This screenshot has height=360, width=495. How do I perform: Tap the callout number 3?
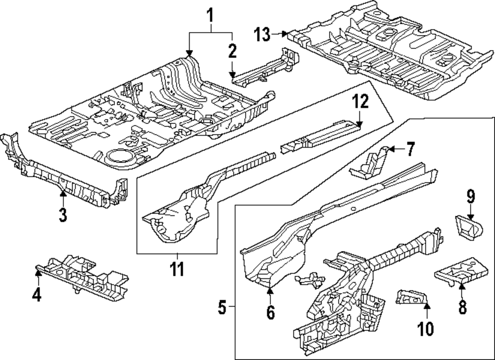click(x=62, y=215)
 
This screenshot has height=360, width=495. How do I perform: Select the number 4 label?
click(x=36, y=295)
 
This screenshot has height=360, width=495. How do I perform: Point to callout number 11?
click(x=177, y=270)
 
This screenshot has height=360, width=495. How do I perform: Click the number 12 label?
click(x=360, y=103)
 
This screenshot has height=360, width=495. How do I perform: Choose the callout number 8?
click(x=462, y=307)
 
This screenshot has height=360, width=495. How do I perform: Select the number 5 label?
click(x=222, y=309)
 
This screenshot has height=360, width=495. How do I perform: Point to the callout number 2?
click(x=232, y=51)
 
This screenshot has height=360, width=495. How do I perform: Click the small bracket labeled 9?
click(x=468, y=227)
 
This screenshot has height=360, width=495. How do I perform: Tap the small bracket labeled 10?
click(x=411, y=297)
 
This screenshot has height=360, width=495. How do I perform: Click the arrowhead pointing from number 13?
click(x=286, y=34)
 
